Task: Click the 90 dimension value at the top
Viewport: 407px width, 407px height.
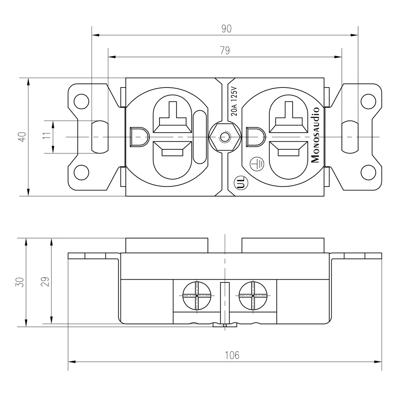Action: pyautogui.click(x=226, y=28)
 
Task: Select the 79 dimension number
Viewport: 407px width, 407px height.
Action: pyautogui.click(x=225, y=50)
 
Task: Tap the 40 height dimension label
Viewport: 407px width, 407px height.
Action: pyautogui.click(x=22, y=137)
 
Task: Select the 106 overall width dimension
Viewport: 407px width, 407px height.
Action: pyautogui.click(x=232, y=355)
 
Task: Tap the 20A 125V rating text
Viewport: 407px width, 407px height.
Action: pyautogui.click(x=234, y=102)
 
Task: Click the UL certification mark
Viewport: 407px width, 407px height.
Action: pyautogui.click(x=241, y=184)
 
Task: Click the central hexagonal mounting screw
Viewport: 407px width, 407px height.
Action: pyautogui.click(x=223, y=137)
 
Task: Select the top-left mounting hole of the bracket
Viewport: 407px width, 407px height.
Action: pyautogui.click(x=82, y=100)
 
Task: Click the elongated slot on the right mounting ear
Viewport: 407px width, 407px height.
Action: pyautogui.click(x=349, y=137)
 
